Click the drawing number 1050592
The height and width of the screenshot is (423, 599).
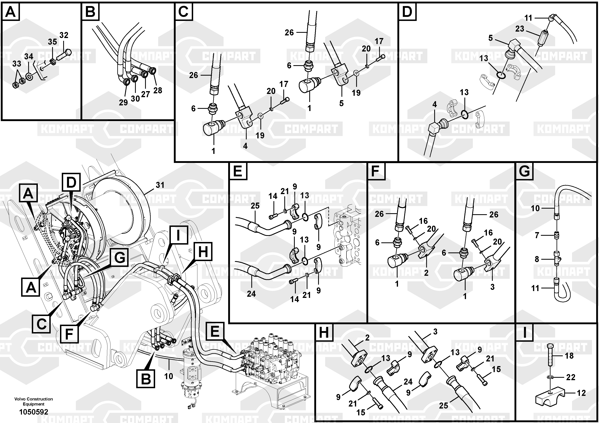pyautogui.click(x=34, y=412)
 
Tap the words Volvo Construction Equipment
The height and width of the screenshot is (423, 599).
pyautogui.click(x=34, y=401)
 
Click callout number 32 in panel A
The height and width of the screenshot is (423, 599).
pyautogui.click(x=64, y=35)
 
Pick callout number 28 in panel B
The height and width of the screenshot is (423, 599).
pyautogui.click(x=158, y=90)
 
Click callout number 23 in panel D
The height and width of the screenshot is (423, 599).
pyautogui.click(x=520, y=29)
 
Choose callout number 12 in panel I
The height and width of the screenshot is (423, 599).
pyautogui.click(x=581, y=393)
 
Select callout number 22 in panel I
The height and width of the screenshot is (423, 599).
pyautogui.click(x=571, y=377)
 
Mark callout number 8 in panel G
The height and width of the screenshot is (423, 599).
pyautogui.click(x=537, y=259)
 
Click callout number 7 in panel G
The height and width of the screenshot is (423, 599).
pyautogui.click(x=537, y=235)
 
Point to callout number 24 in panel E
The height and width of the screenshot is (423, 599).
pyautogui.click(x=251, y=294)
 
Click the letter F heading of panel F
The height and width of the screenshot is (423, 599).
pyautogui.click(x=376, y=171)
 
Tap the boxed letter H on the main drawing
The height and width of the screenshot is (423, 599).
pyautogui.click(x=203, y=252)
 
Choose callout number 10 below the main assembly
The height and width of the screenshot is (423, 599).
pyautogui.click(x=169, y=376)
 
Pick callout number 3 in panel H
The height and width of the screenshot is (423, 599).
pyautogui.click(x=435, y=332)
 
